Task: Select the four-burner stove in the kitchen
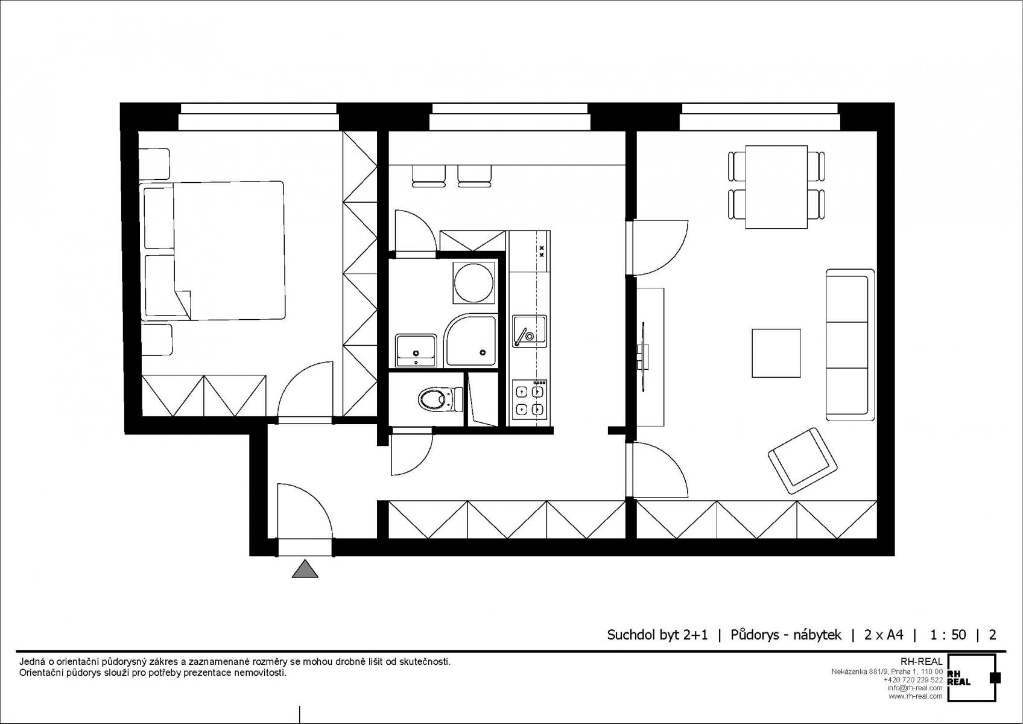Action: click(x=530, y=399)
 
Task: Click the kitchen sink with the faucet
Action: click(x=530, y=331)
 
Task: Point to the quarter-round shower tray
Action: click(x=471, y=340)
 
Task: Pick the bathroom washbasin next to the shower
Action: click(x=416, y=350)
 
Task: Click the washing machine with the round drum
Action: click(x=473, y=283)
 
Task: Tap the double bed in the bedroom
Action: click(x=212, y=250)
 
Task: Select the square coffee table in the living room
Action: click(x=776, y=353)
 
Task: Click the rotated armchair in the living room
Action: click(x=803, y=460)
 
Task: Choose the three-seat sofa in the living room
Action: click(x=850, y=345)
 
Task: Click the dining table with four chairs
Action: click(x=776, y=187)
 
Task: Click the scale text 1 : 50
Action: click(x=948, y=635)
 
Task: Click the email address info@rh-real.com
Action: click(x=915, y=688)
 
